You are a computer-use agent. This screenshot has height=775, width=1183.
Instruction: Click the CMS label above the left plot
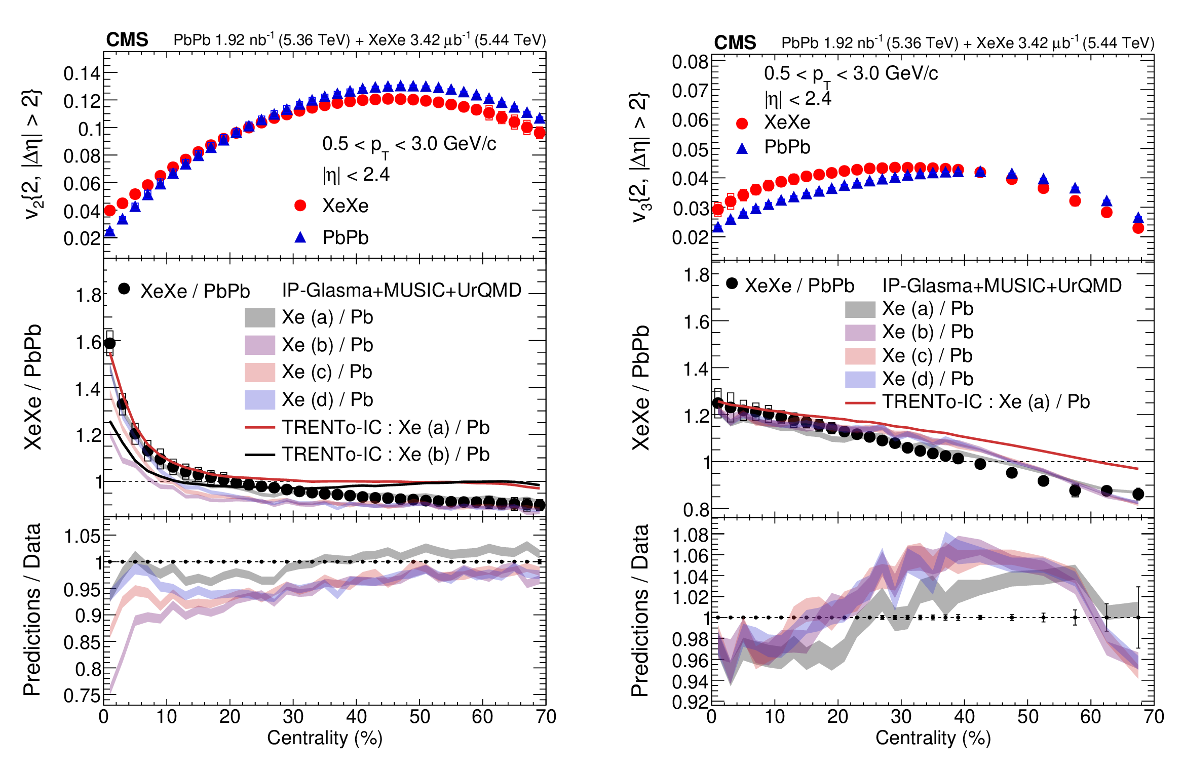127,39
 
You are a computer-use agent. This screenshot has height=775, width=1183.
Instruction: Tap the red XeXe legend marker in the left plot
300,206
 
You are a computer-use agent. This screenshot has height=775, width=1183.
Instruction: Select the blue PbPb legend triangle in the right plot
742,148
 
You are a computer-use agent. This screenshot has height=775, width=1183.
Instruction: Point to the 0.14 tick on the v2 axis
82,74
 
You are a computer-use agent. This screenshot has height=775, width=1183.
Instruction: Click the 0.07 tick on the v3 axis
690,91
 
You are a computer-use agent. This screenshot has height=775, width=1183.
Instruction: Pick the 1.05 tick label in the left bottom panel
82,536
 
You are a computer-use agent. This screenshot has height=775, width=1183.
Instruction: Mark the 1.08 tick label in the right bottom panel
690,535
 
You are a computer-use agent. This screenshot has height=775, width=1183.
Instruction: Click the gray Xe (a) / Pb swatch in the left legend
260,317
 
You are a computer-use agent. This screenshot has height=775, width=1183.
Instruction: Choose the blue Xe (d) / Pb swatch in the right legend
860,379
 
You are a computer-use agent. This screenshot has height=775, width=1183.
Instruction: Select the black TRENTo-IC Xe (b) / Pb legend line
260,455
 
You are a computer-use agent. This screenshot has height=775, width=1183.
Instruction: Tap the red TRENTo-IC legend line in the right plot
860,403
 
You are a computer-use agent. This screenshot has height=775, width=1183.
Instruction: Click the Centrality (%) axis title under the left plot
325,738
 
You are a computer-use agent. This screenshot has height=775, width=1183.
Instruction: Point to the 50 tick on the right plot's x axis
1027,717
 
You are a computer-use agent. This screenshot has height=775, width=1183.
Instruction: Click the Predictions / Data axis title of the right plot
640,610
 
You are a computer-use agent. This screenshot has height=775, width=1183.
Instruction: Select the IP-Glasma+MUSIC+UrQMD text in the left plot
402,290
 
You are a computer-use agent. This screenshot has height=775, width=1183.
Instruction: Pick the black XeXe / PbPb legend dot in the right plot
732,283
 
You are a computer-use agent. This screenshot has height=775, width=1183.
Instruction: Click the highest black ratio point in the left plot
109,344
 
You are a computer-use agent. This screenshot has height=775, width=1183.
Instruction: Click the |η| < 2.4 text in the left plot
356,175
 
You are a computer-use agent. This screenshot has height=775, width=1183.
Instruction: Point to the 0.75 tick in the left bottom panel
82,696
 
